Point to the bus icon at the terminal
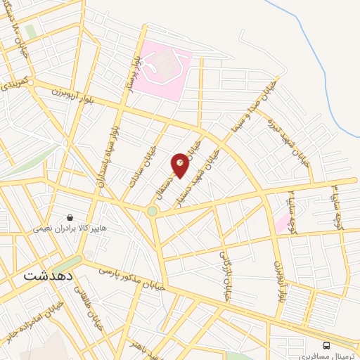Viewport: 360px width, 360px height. tap(326, 345)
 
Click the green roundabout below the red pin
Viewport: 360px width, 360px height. tap(152, 211)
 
